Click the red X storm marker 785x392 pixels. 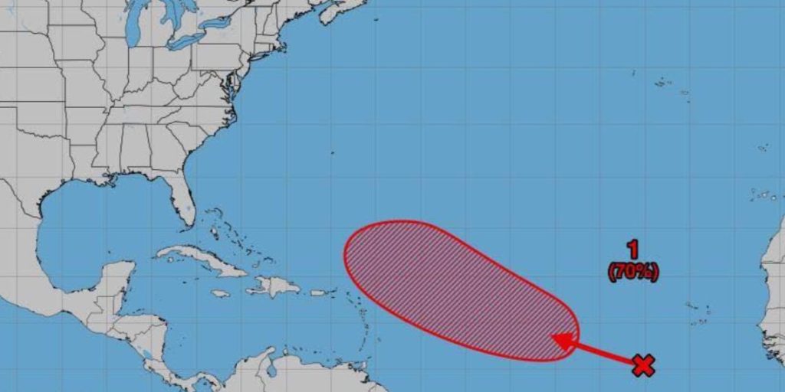tap(643, 366)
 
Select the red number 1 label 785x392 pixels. tap(633, 249)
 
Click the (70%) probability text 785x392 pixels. tap(633, 270)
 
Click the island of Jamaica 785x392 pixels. tap(220, 293)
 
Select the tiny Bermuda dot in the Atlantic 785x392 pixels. tap(332, 152)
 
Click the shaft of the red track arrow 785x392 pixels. tap(606, 354)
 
